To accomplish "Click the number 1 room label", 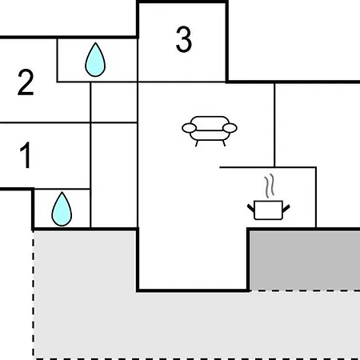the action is tap(26, 155).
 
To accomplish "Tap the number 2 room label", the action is tap(26, 82).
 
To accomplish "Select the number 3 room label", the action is tap(184, 39).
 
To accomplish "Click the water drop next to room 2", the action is tap(95, 60).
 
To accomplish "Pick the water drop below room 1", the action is tap(62, 209).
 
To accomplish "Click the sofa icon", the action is tap(210, 131).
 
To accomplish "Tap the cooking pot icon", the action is tap(269, 210).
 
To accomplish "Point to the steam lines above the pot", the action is tap(270, 186).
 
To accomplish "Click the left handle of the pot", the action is tap(251, 208).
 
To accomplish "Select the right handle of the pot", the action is tap(286, 208).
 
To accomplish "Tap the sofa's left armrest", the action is tap(190, 128).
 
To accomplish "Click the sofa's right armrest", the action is tap(230, 128).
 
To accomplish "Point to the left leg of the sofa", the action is tap(197, 143).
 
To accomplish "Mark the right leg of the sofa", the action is tap(224, 143).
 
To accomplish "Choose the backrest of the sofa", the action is tap(210, 123).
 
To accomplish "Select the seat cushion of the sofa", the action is tap(210, 135).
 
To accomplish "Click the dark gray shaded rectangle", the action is tap(305, 260).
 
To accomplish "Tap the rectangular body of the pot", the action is tap(269, 210).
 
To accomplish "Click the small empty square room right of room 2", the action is tap(114, 102).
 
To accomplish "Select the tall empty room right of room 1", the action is tap(114, 175).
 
